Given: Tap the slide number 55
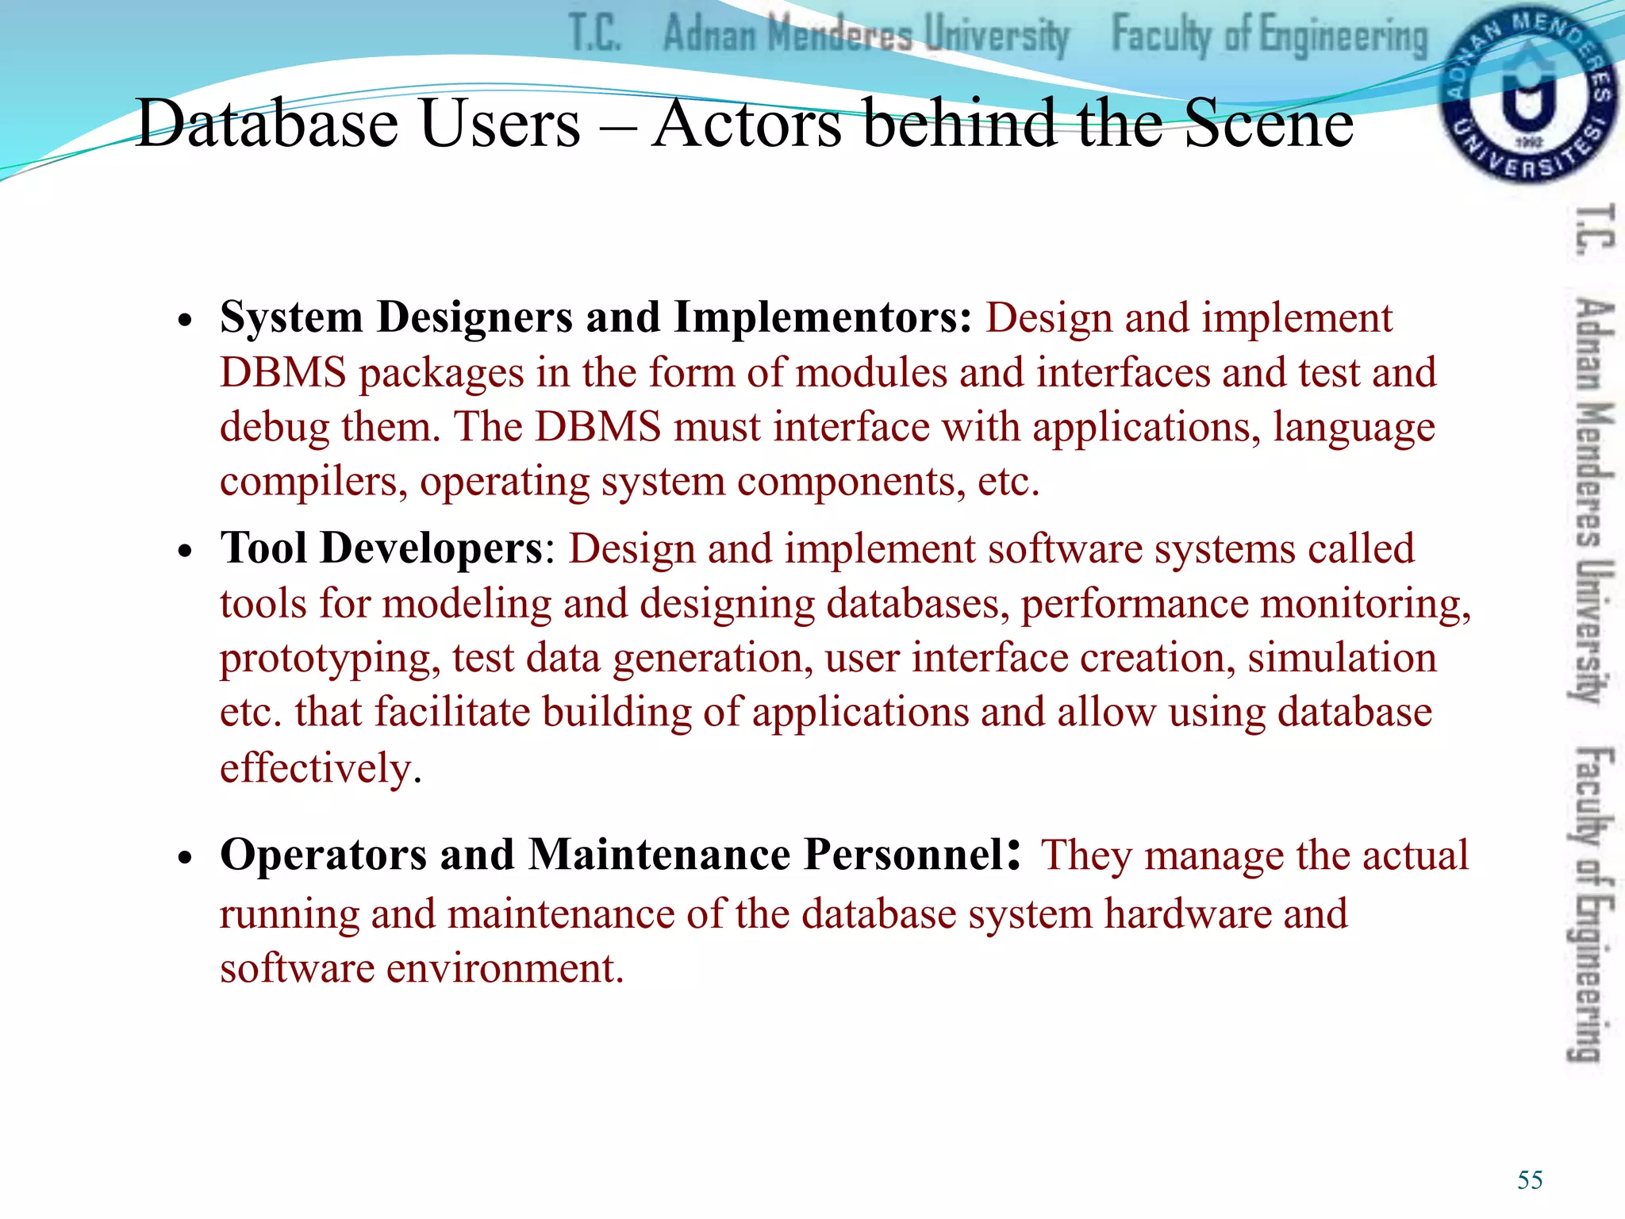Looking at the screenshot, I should (1529, 1180).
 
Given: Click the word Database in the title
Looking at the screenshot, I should (267, 124).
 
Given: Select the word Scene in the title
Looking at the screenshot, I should (1269, 124).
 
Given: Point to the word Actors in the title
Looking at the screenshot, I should (747, 124).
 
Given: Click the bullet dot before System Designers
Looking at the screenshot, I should (186, 322).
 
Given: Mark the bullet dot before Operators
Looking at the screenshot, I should (186, 859).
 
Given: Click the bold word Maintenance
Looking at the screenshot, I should (659, 855).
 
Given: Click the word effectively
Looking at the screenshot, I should (320, 768).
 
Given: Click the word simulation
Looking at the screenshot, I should (1342, 658).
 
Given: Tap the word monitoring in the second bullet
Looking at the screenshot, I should (1364, 604).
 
